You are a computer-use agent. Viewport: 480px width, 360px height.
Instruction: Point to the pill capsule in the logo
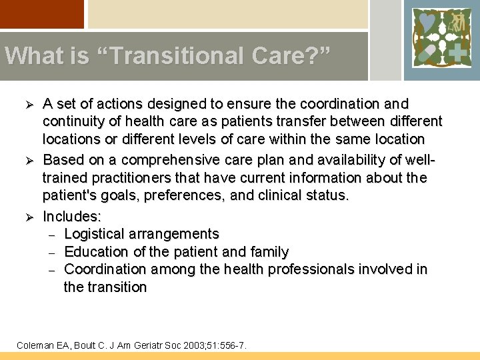(x=427, y=52)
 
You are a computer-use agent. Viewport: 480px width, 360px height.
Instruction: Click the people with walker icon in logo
(x=457, y=23)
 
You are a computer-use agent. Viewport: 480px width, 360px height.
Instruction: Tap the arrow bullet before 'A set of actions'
(x=29, y=105)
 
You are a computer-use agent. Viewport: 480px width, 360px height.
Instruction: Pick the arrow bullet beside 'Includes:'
(x=29, y=217)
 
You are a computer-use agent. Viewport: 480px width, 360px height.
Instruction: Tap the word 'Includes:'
(x=72, y=216)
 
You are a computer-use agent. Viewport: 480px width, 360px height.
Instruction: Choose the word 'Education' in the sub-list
(x=95, y=252)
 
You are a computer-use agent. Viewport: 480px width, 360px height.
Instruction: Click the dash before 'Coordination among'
(x=51, y=270)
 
